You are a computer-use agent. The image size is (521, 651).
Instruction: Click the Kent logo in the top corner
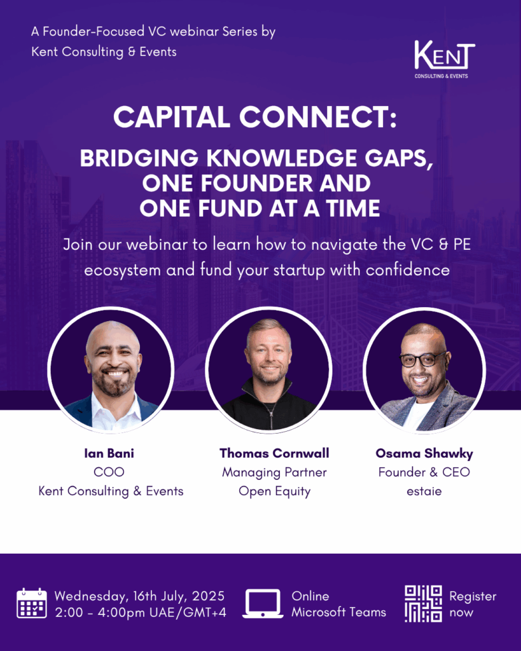click(444, 59)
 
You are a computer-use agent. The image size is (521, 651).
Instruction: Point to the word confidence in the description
click(408, 270)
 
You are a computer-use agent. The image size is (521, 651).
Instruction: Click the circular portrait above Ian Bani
click(111, 370)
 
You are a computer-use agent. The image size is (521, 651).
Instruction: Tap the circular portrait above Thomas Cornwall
click(268, 370)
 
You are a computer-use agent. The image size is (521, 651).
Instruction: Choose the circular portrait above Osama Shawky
click(424, 370)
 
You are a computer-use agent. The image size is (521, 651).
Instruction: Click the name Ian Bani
click(109, 453)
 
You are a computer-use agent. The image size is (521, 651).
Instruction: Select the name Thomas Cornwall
click(274, 453)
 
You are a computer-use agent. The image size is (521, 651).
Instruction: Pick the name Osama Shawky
click(424, 453)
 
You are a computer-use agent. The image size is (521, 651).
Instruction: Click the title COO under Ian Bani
click(109, 472)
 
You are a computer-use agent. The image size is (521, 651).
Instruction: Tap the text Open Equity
click(274, 491)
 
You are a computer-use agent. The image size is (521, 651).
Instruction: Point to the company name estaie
click(424, 491)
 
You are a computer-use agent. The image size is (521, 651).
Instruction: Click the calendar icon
click(32, 603)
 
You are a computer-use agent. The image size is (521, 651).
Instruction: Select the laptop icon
click(263, 604)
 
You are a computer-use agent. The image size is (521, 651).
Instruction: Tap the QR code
click(424, 604)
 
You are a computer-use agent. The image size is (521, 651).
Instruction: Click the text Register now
click(473, 604)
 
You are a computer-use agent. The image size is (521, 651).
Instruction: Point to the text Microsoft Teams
click(338, 612)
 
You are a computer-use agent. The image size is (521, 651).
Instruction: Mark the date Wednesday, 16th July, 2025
click(139, 596)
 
